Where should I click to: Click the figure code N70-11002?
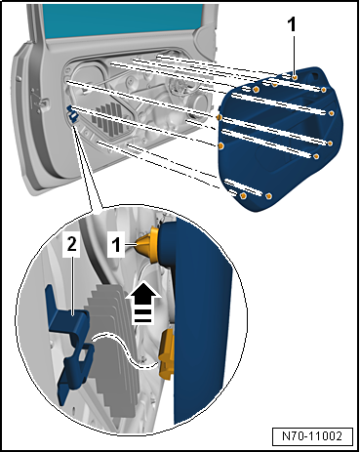click(x=312, y=436)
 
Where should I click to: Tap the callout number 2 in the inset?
click(x=72, y=244)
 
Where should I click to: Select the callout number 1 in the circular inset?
click(x=116, y=245)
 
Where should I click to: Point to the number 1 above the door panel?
click(x=293, y=25)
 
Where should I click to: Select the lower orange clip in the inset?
click(x=167, y=354)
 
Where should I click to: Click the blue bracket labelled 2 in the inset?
click(x=70, y=345)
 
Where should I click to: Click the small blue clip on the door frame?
click(x=73, y=113)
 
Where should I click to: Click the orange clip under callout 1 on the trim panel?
click(x=295, y=77)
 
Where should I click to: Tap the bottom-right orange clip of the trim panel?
click(x=269, y=196)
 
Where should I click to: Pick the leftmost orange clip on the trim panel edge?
click(x=219, y=117)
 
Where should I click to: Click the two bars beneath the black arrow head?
click(x=142, y=316)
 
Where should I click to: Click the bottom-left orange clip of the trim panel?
click(x=243, y=196)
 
